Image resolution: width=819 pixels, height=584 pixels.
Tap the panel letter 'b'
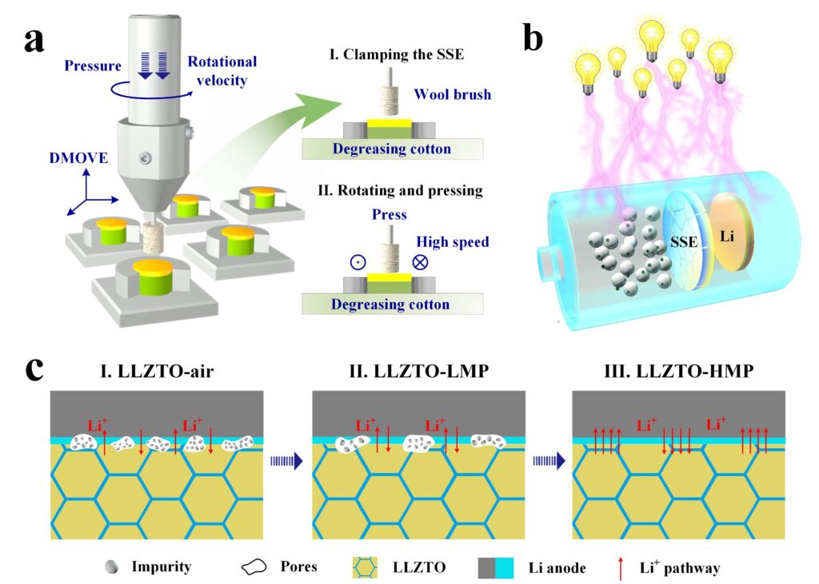pyautogui.click(x=533, y=38)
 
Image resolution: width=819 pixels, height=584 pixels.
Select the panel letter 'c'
pyautogui.click(x=34, y=369)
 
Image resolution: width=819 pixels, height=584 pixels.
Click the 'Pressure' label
pyautogui.click(x=93, y=66)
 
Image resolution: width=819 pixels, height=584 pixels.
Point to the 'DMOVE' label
pyautogui.click(x=78, y=158)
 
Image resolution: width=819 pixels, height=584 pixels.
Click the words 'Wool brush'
pyautogui.click(x=453, y=94)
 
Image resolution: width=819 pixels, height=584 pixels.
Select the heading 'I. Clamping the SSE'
pyautogui.click(x=397, y=54)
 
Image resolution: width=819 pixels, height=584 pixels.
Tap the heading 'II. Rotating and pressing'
pyautogui.click(x=400, y=190)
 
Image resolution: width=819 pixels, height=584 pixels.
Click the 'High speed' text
pyautogui.click(x=453, y=242)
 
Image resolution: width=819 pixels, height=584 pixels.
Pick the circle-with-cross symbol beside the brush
pyautogui.click(x=420, y=262)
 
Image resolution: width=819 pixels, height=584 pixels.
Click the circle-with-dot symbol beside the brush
pyautogui.click(x=358, y=262)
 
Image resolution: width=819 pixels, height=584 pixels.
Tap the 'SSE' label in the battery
pyautogui.click(x=684, y=242)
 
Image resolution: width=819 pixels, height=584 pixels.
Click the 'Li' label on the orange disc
pyautogui.click(x=727, y=236)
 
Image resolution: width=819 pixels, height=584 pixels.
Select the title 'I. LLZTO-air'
pyautogui.click(x=158, y=371)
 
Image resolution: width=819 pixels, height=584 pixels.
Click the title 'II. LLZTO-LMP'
pyautogui.click(x=419, y=371)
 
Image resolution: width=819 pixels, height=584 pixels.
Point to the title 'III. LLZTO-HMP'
pyautogui.click(x=679, y=371)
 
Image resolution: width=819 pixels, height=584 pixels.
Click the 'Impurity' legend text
pyautogui.click(x=162, y=566)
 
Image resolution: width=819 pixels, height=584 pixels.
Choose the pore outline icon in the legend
pyautogui.click(x=254, y=567)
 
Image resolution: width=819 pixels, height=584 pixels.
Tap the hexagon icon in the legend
pyautogui.click(x=365, y=567)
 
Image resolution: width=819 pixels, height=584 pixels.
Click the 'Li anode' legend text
pyautogui.click(x=557, y=568)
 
